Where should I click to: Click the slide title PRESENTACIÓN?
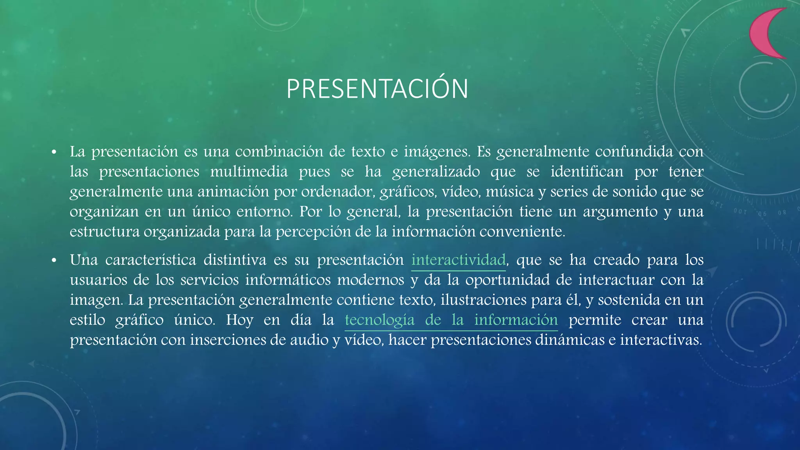(377, 89)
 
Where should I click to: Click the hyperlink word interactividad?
(458, 260)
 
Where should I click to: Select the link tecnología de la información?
(451, 320)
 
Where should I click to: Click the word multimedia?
(249, 172)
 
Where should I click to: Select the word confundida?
(634, 152)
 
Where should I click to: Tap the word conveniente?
(522, 232)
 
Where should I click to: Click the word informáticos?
(287, 280)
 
